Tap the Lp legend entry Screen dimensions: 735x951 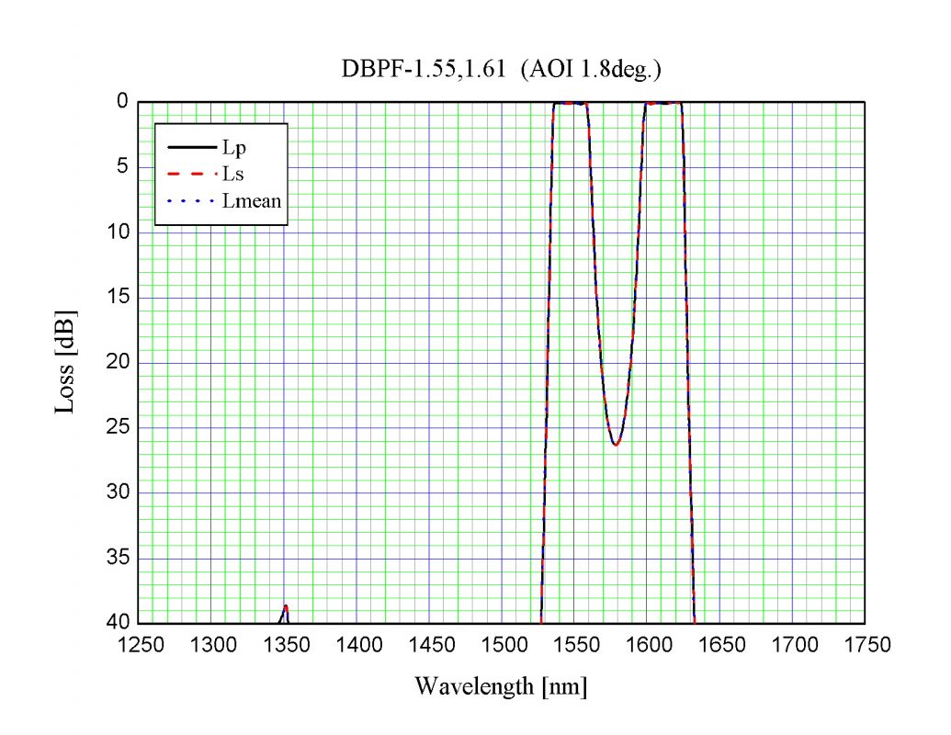coord(232,146)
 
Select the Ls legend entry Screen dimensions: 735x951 coord(232,174)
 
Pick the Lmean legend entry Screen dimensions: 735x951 coord(251,201)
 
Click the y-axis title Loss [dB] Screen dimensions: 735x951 coord(65,364)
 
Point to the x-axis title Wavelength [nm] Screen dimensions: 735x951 coord(501,685)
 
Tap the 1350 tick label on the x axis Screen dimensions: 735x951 coord(286,645)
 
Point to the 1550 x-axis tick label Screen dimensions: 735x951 coord(576,645)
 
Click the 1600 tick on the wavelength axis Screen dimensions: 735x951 coord(649,645)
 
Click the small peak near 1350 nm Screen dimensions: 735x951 coord(286,608)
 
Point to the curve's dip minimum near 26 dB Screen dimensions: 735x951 coord(616,445)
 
